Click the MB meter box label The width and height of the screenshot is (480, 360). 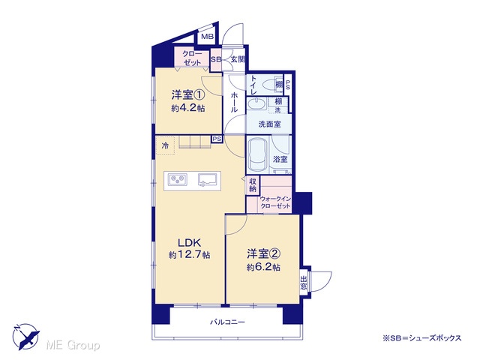[x=207, y=37]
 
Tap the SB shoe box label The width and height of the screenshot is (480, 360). [x=216, y=60]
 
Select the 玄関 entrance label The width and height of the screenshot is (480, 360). [x=238, y=59]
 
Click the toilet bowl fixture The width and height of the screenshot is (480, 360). [x=268, y=83]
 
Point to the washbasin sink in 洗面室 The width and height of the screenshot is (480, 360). [x=256, y=105]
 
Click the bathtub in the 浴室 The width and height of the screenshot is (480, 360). [x=257, y=155]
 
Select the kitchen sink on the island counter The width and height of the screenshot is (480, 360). [x=208, y=179]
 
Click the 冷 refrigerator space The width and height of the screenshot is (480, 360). [x=165, y=145]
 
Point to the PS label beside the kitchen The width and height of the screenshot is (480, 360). [x=217, y=139]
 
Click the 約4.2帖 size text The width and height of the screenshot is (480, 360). [x=188, y=109]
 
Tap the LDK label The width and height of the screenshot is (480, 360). [x=189, y=243]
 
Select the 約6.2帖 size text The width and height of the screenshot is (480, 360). [x=263, y=267]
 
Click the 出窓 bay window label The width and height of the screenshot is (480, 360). [x=303, y=283]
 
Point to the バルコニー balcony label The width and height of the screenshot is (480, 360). [x=227, y=322]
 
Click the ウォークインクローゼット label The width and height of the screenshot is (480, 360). [x=275, y=202]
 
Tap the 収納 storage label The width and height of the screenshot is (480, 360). [x=253, y=185]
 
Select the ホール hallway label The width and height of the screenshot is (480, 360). [x=233, y=102]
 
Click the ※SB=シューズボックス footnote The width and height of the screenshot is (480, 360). [x=421, y=338]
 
